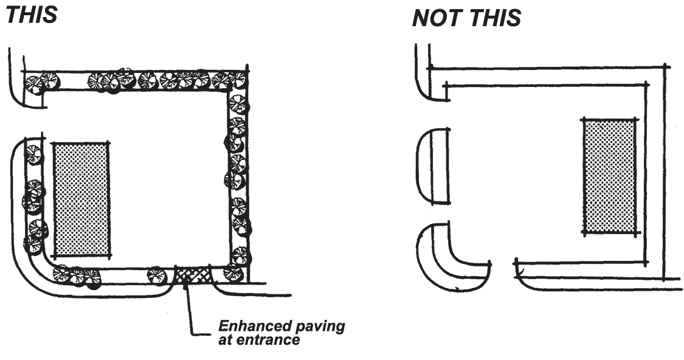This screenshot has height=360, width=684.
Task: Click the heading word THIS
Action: click(x=32, y=14)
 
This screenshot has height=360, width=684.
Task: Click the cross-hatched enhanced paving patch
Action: click(x=193, y=274)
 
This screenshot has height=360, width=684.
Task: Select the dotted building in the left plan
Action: click(x=81, y=199)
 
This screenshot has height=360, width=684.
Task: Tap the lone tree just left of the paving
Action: click(x=156, y=275)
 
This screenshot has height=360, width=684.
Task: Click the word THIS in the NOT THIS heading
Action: click(x=494, y=19)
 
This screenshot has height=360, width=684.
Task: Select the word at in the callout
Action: click(x=226, y=339)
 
